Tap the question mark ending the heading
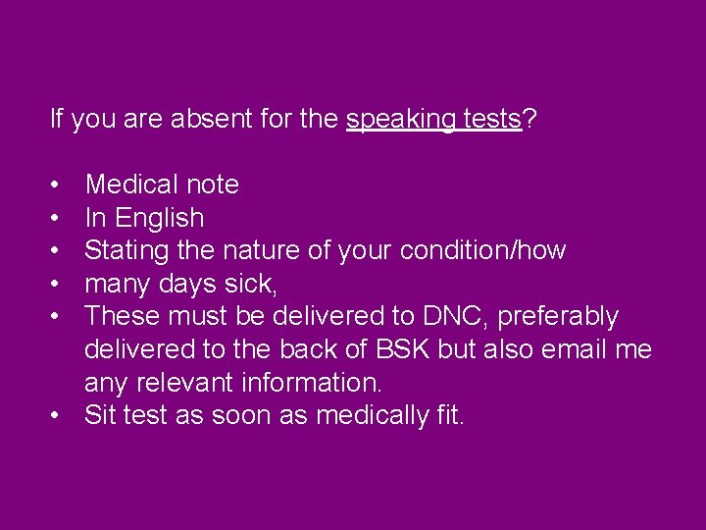[x=529, y=120]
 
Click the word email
[x=570, y=349]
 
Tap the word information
[x=318, y=382]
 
